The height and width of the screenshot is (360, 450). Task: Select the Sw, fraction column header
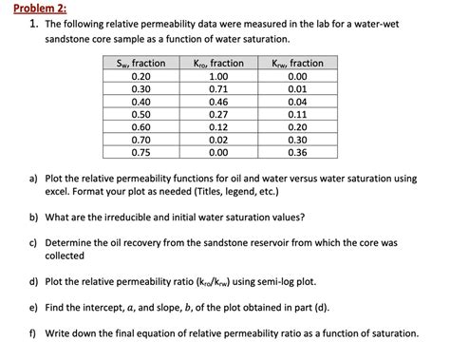[x=141, y=63]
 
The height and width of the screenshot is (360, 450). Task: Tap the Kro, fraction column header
[x=217, y=63]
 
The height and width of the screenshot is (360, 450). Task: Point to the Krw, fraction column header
[x=296, y=63]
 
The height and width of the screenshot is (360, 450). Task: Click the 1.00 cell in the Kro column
[x=217, y=75]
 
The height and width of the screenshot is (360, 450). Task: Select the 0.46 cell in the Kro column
[x=217, y=101]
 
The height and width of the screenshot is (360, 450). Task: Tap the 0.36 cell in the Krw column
[x=296, y=151]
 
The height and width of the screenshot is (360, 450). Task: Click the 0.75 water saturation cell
[x=141, y=151]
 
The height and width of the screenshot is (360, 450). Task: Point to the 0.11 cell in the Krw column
[x=296, y=113]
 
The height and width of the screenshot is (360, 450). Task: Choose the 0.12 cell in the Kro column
[x=217, y=125]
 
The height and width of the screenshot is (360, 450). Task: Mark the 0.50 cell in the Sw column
[x=141, y=113]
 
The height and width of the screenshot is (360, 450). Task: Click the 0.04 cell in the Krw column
[x=296, y=101]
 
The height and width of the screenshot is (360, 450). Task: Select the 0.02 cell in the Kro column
[x=217, y=139]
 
